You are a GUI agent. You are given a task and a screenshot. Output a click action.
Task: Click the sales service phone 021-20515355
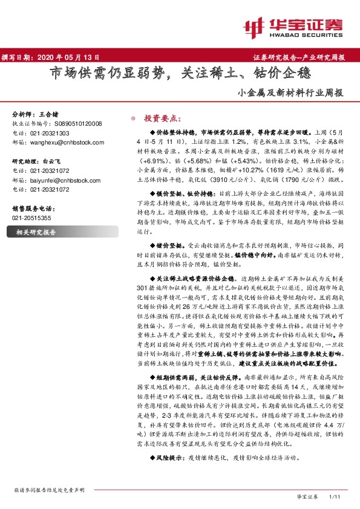point(32,217)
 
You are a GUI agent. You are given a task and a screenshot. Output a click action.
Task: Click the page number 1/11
point(335,496)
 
